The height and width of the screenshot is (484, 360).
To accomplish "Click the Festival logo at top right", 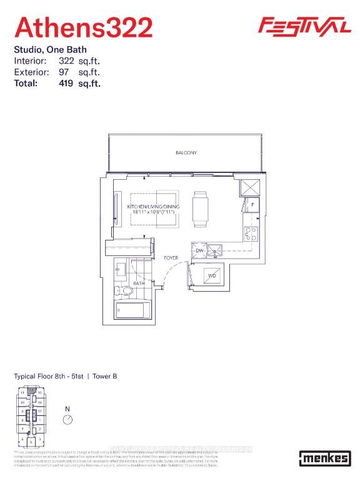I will pos(304,26).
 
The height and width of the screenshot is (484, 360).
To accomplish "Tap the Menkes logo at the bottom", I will pos(324,458).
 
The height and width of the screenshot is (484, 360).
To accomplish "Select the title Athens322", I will pos(84,28).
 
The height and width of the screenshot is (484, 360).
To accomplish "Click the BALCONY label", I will pos(186,152).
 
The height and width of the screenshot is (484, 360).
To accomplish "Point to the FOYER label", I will pos(171,257).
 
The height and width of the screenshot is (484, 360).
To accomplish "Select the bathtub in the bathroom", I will pos(132,310).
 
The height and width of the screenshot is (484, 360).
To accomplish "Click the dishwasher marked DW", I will pos(200,250).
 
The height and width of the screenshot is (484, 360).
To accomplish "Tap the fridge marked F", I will pos(252,204).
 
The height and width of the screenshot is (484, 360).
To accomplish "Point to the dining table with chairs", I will pos(200,209).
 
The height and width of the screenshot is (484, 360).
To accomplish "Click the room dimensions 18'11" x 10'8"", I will pos(154,212).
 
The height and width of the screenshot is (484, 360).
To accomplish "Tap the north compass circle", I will pos(68,420).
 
